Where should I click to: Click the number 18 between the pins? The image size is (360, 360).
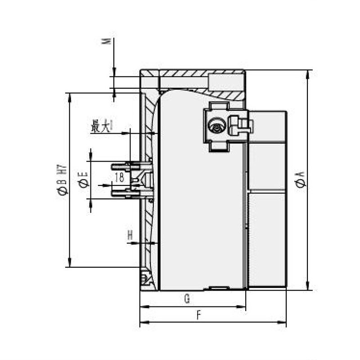click(119, 177)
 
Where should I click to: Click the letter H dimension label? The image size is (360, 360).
click(130, 234)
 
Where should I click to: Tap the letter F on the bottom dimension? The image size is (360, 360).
click(198, 315)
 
